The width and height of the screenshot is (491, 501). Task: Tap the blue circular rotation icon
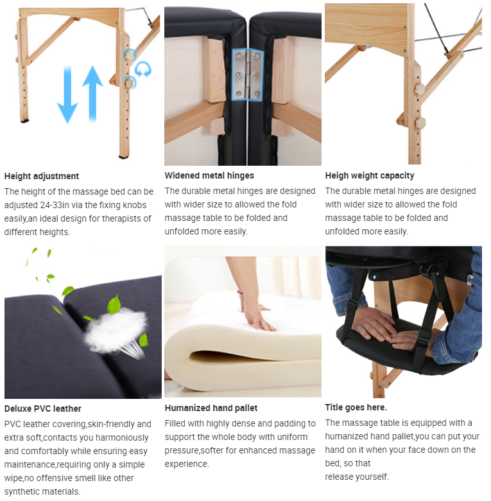142,69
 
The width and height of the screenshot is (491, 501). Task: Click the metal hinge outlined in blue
248,75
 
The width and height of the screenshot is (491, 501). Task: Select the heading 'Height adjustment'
42,176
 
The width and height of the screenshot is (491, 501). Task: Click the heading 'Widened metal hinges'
209,175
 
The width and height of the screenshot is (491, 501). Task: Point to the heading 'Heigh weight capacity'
370,175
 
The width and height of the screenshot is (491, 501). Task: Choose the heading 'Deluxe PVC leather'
43,409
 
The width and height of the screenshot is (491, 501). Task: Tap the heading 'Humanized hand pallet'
211,408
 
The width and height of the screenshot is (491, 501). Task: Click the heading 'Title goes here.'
356,407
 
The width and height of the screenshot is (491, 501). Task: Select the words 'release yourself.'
357,477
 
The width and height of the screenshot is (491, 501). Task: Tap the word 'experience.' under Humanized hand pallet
187,464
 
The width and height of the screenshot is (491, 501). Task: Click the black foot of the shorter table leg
24,121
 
